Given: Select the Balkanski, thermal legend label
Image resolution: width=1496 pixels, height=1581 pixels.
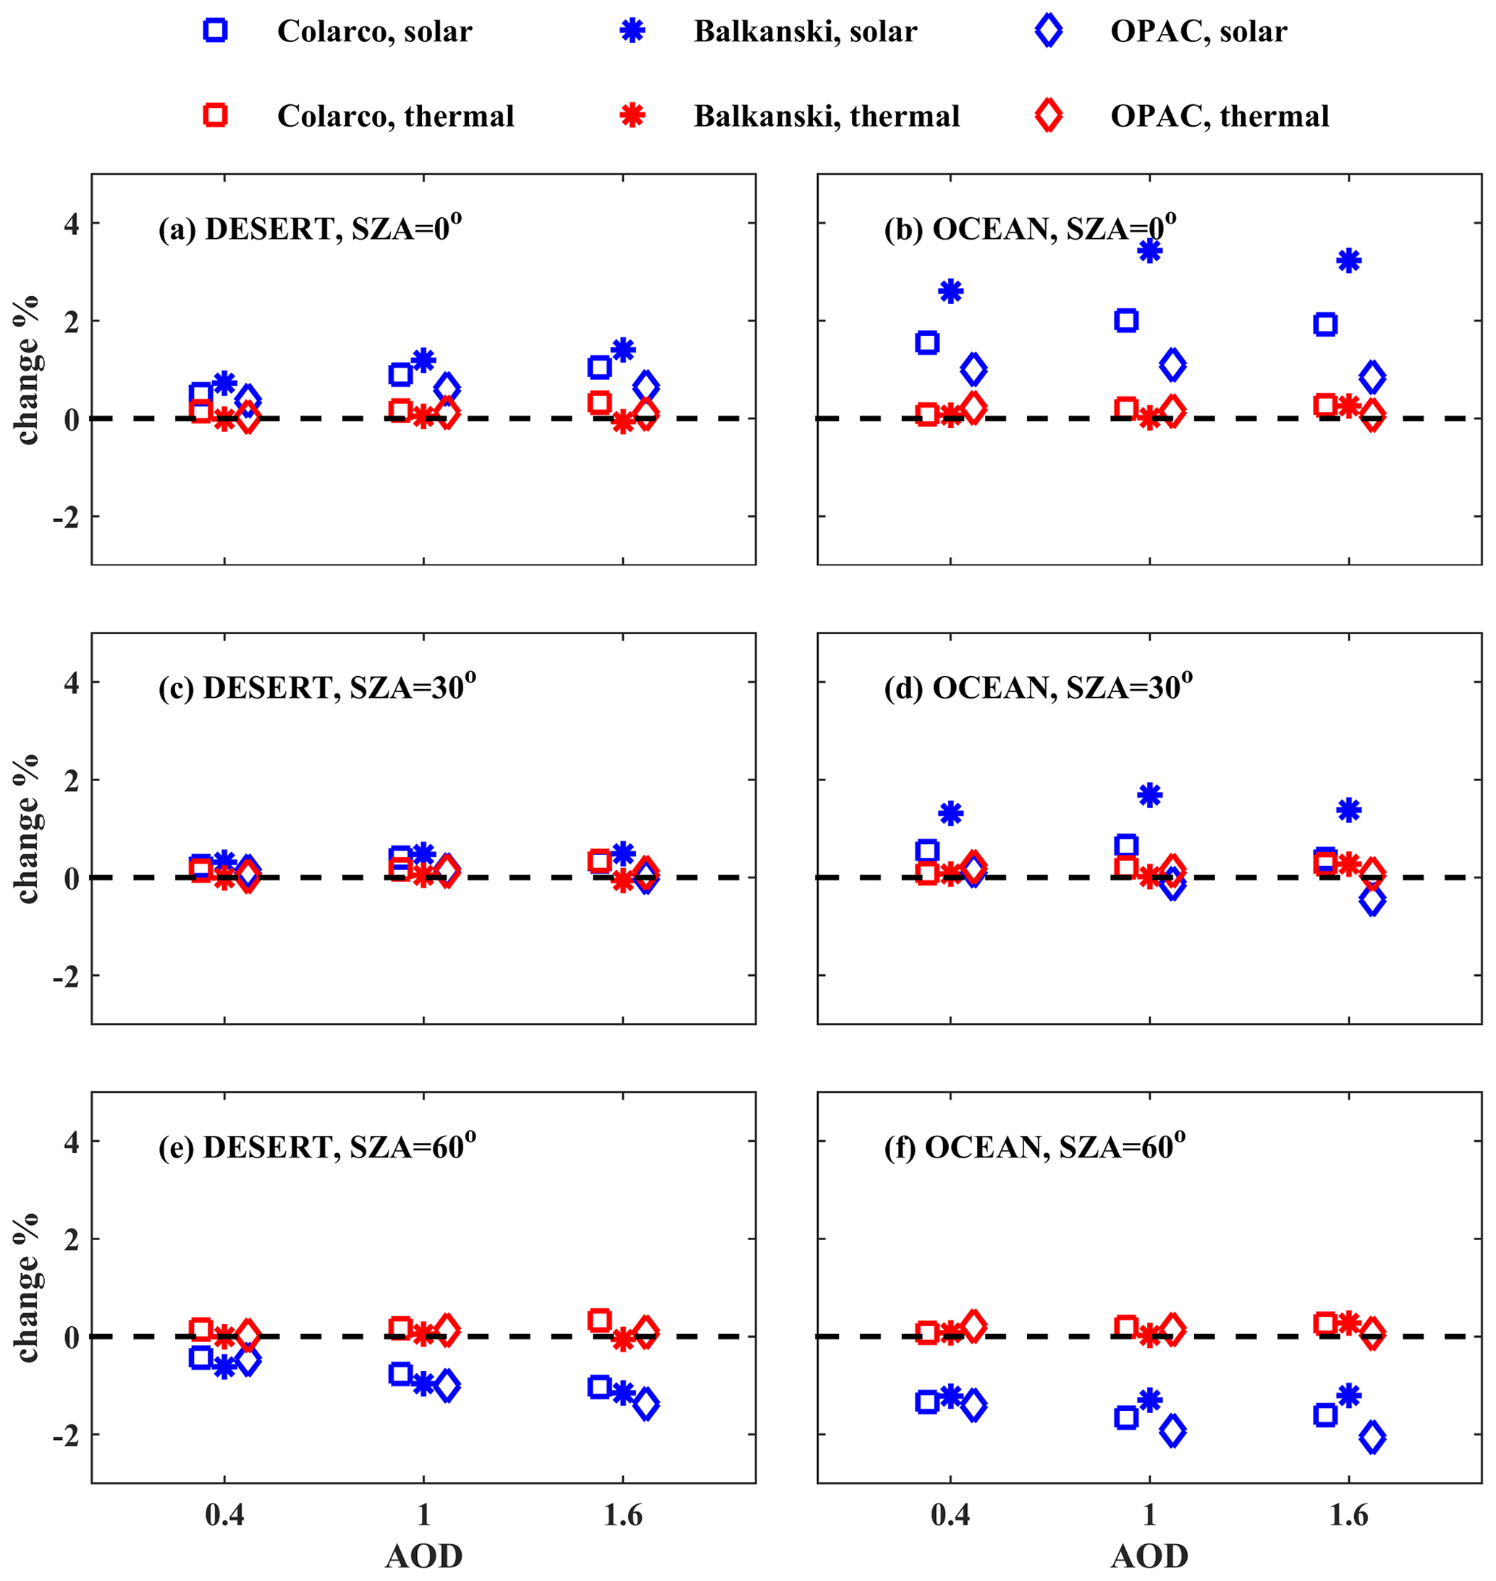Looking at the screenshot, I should tap(826, 117).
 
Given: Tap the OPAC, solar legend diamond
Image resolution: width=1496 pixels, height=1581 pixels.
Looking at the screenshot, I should tap(1048, 30).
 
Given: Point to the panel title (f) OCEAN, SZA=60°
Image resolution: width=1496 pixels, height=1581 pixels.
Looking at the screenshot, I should tap(1034, 1146).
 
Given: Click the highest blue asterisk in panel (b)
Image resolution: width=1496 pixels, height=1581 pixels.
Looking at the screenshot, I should tap(1149, 251).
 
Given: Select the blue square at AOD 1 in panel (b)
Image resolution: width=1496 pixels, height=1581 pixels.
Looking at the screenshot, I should tap(1126, 321).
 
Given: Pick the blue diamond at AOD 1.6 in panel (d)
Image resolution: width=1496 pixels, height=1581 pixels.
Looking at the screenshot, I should tap(1372, 901).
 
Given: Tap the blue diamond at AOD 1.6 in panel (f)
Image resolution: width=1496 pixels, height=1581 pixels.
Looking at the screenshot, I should tap(1372, 1438).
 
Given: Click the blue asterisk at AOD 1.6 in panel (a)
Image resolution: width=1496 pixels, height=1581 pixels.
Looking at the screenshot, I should tap(623, 350).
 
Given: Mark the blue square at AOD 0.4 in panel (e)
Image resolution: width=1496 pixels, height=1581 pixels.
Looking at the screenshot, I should tap(201, 1357).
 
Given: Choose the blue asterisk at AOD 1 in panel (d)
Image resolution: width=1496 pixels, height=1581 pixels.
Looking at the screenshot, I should tap(1149, 795).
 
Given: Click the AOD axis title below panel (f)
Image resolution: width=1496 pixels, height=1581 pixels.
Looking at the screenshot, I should tap(1149, 1556).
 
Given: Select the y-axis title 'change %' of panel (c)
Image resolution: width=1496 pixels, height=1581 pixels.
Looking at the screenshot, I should tap(27, 828).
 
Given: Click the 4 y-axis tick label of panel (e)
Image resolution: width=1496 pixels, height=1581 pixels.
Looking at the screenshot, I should tap(72, 1142).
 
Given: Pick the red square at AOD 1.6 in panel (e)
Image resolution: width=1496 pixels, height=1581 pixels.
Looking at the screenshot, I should tap(600, 1320).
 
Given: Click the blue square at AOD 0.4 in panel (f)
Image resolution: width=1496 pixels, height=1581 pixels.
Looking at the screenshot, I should tap(926, 1401).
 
